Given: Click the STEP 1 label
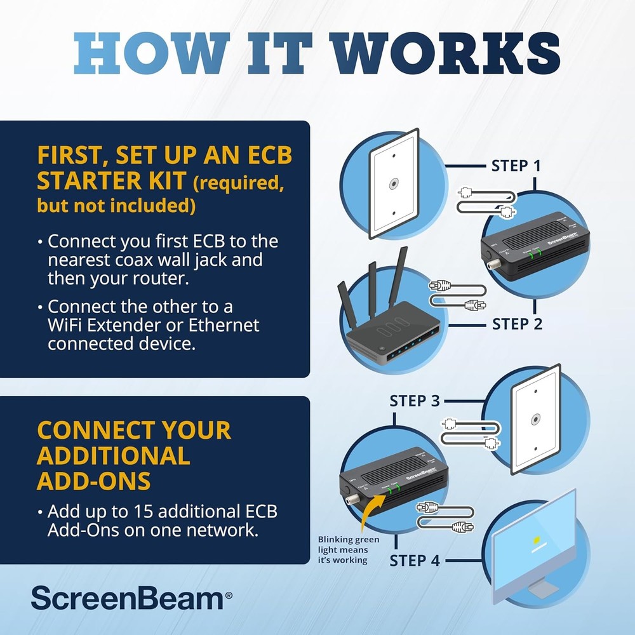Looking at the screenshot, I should click(516, 166).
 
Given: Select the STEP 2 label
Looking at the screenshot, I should click(517, 324).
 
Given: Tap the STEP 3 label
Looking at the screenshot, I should click(415, 401).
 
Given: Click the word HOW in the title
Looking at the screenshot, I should click(140, 55).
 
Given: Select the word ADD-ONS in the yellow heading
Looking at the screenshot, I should click(93, 481).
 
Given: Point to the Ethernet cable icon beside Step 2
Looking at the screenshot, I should click(457, 296).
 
